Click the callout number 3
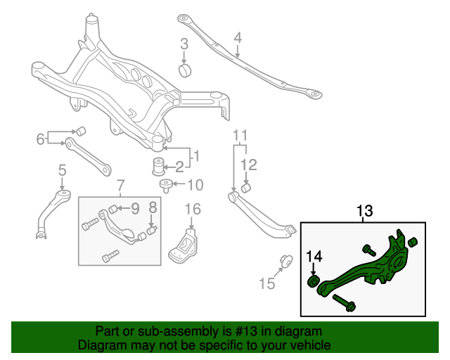click(x=184, y=44)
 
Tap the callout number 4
click(x=238, y=37)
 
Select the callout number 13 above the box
click(x=364, y=210)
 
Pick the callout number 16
click(x=193, y=209)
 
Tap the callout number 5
click(x=62, y=169)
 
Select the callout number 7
click(x=120, y=186)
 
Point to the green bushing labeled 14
click(x=314, y=282)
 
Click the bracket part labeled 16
click(x=185, y=245)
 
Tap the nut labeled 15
click(x=286, y=260)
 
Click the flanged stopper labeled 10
click(x=167, y=186)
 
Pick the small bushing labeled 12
click(x=247, y=188)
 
